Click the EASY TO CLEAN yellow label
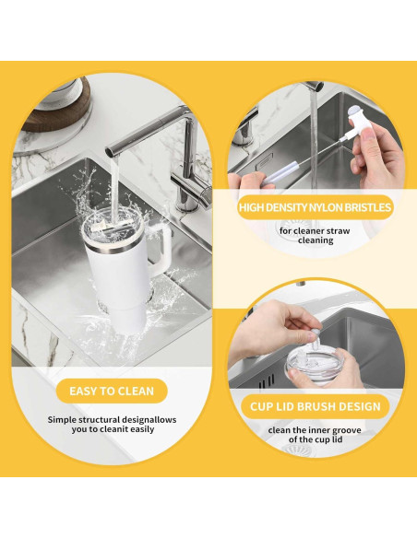click(x=112, y=391)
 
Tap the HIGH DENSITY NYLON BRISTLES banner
click(x=315, y=207)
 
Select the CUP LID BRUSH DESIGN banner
click(x=315, y=406)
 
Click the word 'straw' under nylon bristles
click(x=339, y=231)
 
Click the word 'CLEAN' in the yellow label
click(x=135, y=391)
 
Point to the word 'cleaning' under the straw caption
click(x=316, y=240)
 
